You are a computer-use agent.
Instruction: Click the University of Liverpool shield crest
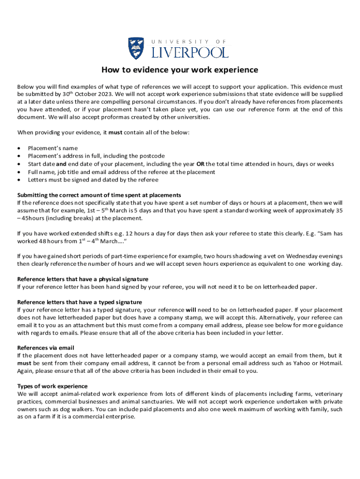[x=136, y=48]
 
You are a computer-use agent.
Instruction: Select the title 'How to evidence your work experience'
[x=180, y=70]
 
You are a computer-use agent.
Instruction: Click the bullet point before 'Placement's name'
[x=19, y=148]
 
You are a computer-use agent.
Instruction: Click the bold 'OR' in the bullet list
[x=200, y=164]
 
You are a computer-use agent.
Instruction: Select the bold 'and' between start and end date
[x=61, y=164]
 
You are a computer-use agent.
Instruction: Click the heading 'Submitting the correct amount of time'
[x=99, y=195]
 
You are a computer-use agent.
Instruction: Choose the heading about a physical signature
[x=83, y=279]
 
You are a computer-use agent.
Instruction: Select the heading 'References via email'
[x=46, y=348]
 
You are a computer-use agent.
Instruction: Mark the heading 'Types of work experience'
[x=52, y=386]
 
